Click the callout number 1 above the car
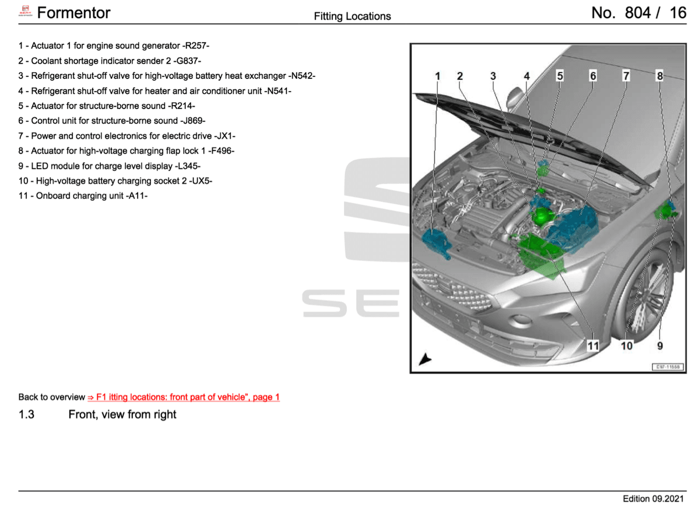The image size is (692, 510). tap(438, 76)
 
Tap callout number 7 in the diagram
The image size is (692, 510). tap(626, 76)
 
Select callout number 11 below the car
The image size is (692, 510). tap(592, 345)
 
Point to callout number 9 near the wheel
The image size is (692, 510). tap(660, 345)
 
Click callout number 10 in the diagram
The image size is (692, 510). tap(627, 345)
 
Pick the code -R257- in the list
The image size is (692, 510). tap(196, 45)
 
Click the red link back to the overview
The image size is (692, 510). tap(184, 397)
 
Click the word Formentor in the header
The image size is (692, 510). tap(73, 13)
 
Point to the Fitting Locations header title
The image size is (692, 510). tap(352, 16)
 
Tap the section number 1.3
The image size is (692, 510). tap(27, 415)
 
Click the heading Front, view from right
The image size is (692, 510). tap(122, 415)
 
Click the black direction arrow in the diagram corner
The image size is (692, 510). tap(425, 359)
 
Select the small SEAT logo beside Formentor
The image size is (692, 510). tap(25, 12)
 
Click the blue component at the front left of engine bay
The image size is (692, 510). tap(437, 243)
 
